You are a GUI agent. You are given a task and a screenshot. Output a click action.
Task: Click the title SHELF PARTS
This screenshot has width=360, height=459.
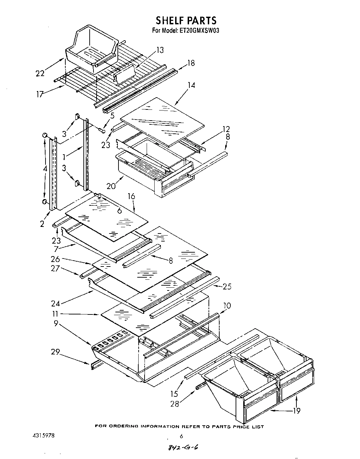point(186,20)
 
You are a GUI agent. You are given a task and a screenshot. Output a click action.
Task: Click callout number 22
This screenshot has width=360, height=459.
point(40,73)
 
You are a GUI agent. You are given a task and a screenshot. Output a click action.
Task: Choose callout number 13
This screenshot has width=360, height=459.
point(159,50)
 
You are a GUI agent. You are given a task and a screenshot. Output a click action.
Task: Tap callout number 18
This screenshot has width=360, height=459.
point(191,63)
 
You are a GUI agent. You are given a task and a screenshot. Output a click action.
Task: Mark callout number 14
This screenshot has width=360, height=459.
point(191,85)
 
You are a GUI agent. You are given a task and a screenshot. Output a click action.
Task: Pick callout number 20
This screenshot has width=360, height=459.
point(111,186)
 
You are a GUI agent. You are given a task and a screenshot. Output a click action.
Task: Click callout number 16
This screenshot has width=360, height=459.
point(131,197)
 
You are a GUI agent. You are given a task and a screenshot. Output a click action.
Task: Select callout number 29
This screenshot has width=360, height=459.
point(55,352)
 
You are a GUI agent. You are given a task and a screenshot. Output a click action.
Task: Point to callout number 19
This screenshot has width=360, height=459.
point(296,411)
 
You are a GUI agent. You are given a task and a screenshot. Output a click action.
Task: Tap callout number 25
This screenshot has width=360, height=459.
point(227,287)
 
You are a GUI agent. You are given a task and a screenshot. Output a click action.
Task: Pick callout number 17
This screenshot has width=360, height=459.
point(40,94)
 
